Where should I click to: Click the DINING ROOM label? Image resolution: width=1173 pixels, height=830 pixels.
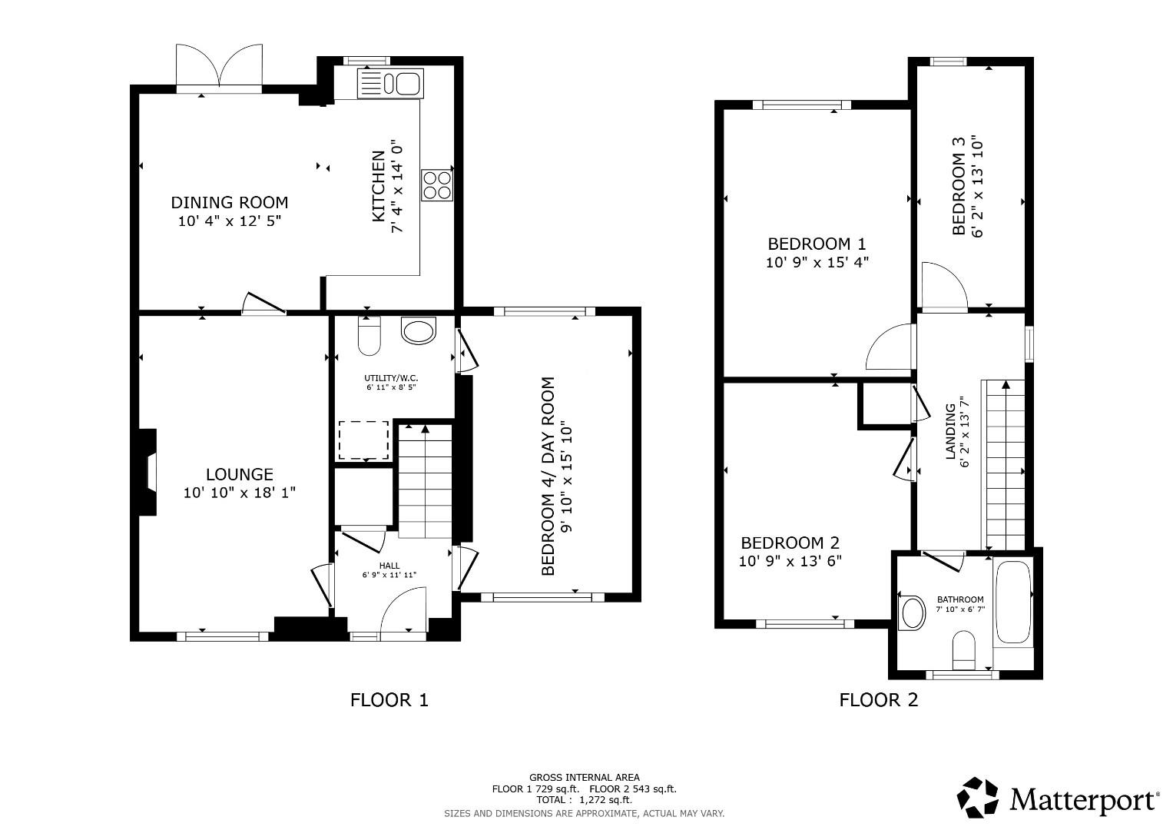[x=229, y=203]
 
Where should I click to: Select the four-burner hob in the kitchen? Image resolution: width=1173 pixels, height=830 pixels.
[x=436, y=184]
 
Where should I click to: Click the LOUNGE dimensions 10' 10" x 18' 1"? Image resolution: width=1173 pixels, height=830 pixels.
[x=239, y=493]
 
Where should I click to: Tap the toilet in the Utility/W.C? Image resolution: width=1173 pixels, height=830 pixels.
[x=369, y=337]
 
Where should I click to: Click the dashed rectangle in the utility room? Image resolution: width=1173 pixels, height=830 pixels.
[x=364, y=440]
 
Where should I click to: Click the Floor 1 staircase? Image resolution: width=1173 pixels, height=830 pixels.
[x=423, y=480]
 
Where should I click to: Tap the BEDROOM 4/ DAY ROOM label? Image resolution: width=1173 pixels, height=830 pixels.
[x=548, y=476]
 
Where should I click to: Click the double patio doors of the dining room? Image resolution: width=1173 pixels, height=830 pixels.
[x=219, y=68]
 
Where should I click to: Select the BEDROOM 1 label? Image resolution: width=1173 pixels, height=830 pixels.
[x=817, y=244]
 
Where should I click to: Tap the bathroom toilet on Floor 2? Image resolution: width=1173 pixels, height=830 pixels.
[x=963, y=650]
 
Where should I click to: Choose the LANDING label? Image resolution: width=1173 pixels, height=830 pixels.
[x=950, y=432]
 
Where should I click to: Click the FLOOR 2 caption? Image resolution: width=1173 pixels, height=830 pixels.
[x=878, y=700]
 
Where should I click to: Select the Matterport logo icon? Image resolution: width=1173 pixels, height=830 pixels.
[x=979, y=798]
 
